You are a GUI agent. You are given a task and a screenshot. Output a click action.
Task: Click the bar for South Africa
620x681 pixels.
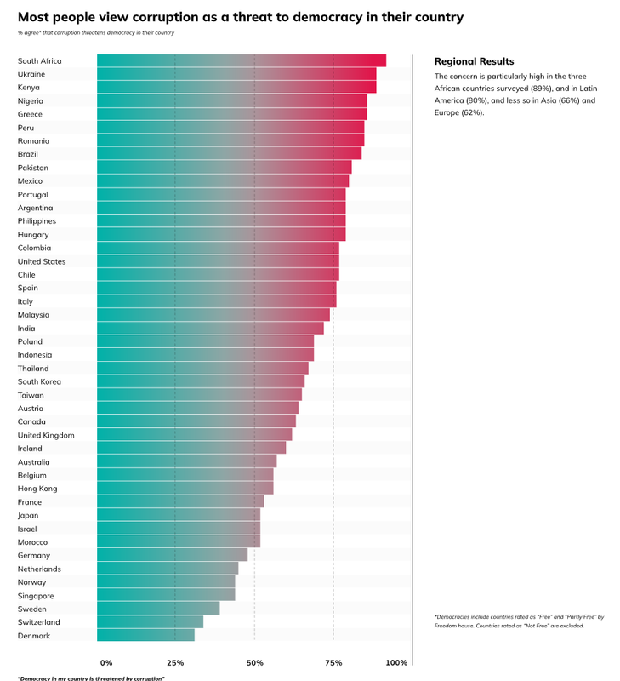click(x=242, y=60)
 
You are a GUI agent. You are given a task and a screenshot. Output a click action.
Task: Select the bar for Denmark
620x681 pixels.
click(x=146, y=635)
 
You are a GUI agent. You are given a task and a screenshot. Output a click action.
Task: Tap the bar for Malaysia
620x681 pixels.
click(x=213, y=314)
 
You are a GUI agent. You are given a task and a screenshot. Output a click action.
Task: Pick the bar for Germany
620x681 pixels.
click(x=173, y=555)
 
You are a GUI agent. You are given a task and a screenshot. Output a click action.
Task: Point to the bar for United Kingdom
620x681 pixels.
click(x=195, y=435)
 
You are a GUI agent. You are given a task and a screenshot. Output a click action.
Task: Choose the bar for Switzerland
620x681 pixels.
click(x=151, y=622)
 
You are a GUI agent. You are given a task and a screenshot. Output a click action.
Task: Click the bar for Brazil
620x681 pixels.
click(x=230, y=154)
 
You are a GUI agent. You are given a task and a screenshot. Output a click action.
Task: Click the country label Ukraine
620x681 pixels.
click(x=31, y=74)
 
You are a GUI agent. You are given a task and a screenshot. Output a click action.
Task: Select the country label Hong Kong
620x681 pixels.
click(x=37, y=489)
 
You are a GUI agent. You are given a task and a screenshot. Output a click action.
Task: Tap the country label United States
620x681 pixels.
click(x=42, y=261)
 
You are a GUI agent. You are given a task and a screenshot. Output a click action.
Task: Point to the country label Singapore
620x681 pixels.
click(x=36, y=596)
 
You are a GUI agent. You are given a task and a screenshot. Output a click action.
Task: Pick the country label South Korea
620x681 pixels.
click(x=39, y=381)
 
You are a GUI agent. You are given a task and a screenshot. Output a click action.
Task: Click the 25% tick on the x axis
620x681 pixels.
click(x=175, y=662)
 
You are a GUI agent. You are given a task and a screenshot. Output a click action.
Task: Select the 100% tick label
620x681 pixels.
click(x=396, y=662)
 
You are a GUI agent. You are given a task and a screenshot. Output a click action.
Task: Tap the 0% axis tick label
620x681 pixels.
click(x=106, y=662)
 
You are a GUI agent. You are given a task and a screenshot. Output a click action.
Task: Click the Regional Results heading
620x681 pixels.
click(x=474, y=61)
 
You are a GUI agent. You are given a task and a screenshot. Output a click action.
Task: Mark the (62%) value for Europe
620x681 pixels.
click(x=472, y=112)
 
